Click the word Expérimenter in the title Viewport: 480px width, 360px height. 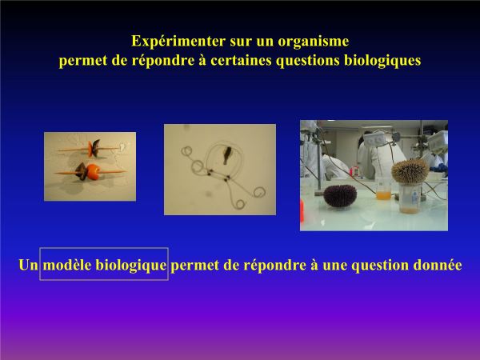(x=178, y=42)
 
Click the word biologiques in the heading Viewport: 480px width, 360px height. (x=382, y=61)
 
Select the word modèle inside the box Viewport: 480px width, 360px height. (x=67, y=265)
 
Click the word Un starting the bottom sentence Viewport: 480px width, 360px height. (x=29, y=265)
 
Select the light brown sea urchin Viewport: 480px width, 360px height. (x=410, y=171)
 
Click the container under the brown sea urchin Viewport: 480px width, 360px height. (x=410, y=198)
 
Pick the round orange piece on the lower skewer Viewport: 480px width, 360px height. (x=93, y=172)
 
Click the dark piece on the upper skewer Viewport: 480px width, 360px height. (x=96, y=148)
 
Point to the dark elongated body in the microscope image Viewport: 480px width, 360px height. (x=227, y=154)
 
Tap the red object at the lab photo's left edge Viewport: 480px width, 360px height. (x=302, y=212)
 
